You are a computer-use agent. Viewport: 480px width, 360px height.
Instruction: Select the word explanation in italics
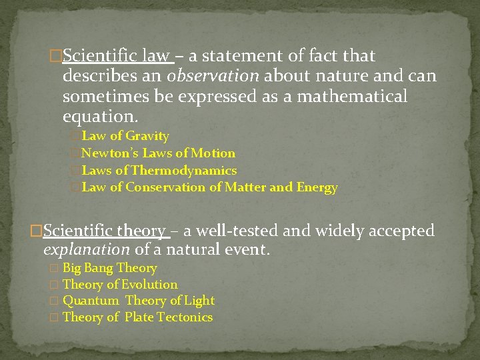87,251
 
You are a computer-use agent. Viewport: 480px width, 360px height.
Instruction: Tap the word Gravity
147,136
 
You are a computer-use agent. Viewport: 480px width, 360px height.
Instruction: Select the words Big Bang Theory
110,268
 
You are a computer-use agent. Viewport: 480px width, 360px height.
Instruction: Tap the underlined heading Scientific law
119,56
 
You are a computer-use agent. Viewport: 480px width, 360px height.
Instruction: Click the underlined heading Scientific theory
105,231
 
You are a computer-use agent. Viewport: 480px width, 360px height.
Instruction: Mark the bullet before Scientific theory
37,231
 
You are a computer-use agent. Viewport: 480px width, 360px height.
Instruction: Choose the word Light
199,301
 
